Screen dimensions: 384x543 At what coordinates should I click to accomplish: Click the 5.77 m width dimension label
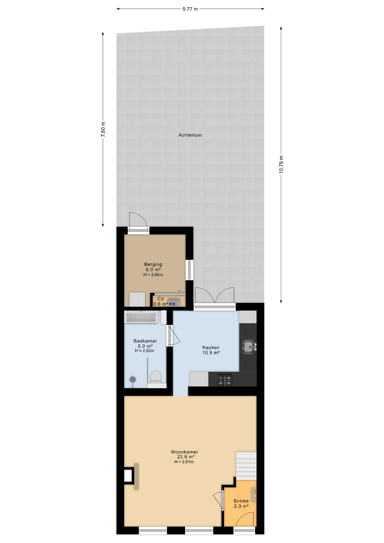[x=190, y=9]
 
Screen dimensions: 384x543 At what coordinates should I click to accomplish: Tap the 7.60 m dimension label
[x=103, y=130]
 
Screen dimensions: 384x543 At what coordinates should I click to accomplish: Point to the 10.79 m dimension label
[x=281, y=165]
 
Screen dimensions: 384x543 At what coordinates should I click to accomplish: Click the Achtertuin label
[x=190, y=135]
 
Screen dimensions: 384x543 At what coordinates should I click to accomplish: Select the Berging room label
[x=153, y=264]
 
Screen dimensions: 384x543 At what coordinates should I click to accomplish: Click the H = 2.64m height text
[x=153, y=275]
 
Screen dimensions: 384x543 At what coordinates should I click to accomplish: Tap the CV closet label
[x=161, y=299]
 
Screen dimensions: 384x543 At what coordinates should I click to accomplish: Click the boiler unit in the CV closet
[x=174, y=302]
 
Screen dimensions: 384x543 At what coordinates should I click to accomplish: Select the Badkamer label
[x=145, y=341]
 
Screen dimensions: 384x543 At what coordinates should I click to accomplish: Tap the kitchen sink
[x=249, y=347]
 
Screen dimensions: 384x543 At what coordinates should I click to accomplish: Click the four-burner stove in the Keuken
[x=225, y=380]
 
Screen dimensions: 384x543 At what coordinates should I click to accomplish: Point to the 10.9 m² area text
[x=211, y=353]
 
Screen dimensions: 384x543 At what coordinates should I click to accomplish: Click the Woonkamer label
[x=184, y=452]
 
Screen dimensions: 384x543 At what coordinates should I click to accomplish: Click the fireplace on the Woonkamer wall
[x=131, y=477]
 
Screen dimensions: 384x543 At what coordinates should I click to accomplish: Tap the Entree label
[x=241, y=501]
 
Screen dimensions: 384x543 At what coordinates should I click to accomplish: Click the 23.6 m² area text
[x=186, y=457]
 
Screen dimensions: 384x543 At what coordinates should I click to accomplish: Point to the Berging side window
[x=189, y=270]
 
